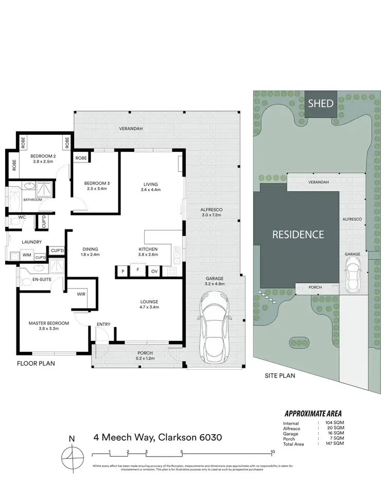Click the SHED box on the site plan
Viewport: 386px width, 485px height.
321,103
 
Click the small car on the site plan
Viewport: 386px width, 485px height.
353,275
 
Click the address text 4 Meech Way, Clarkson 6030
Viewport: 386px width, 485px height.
157,438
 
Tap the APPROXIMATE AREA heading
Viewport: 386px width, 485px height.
313,414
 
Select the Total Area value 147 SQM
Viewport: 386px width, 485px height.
335,443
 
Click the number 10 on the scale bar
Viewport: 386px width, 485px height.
273,452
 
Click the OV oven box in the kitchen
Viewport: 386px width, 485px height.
154,271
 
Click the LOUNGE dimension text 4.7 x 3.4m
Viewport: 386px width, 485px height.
150,307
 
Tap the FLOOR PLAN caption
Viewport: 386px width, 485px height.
36,363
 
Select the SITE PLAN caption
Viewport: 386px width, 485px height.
280,376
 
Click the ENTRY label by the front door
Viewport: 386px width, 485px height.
103,324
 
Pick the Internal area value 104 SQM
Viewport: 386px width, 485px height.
335,423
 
